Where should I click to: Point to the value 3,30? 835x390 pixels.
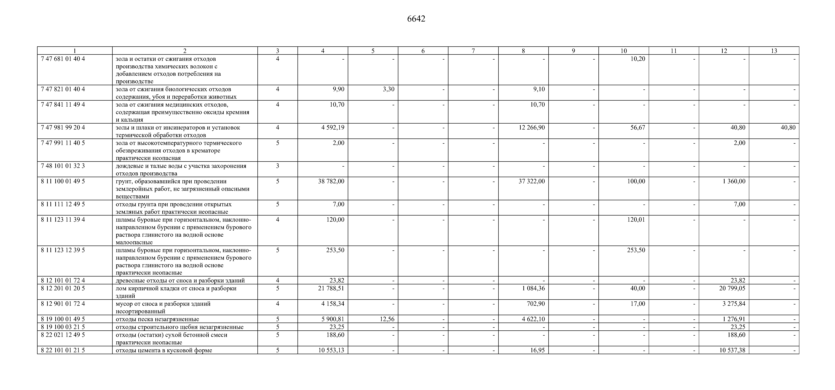(x=388, y=89)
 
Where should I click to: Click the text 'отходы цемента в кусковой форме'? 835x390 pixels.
(x=164, y=350)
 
